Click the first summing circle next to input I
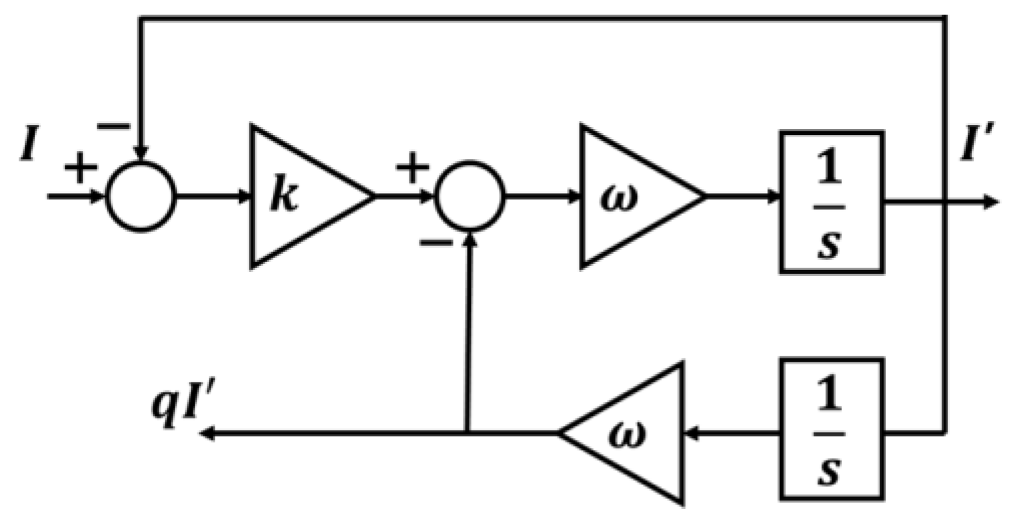pyautogui.click(x=141, y=197)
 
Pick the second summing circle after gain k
pyautogui.click(x=469, y=197)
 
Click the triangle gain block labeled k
pyautogui.click(x=300, y=197)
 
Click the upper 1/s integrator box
pyautogui.click(x=832, y=202)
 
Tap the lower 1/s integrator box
pyautogui.click(x=832, y=430)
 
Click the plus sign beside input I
pyautogui.click(x=80, y=169)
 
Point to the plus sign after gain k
pyautogui.click(x=412, y=169)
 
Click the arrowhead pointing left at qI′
pyautogui.click(x=207, y=434)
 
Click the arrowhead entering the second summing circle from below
pyautogui.click(x=470, y=239)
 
